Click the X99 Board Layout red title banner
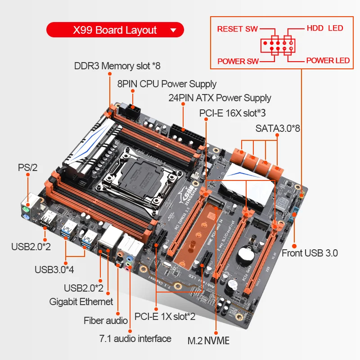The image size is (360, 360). (115, 30)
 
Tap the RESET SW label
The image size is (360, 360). (237, 29)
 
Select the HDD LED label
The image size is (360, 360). (324, 28)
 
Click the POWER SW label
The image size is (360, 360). (238, 61)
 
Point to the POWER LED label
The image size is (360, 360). (328, 60)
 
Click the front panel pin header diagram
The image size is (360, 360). (277, 45)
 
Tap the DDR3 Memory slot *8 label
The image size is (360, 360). (117, 66)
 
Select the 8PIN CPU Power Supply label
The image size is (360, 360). (166, 84)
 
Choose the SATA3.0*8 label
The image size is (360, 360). (278, 128)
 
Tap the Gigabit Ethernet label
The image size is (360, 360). (81, 301)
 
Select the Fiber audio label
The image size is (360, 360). (106, 320)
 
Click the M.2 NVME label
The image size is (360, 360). (208, 340)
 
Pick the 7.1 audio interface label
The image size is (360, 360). (135, 338)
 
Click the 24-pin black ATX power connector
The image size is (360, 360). (184, 134)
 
